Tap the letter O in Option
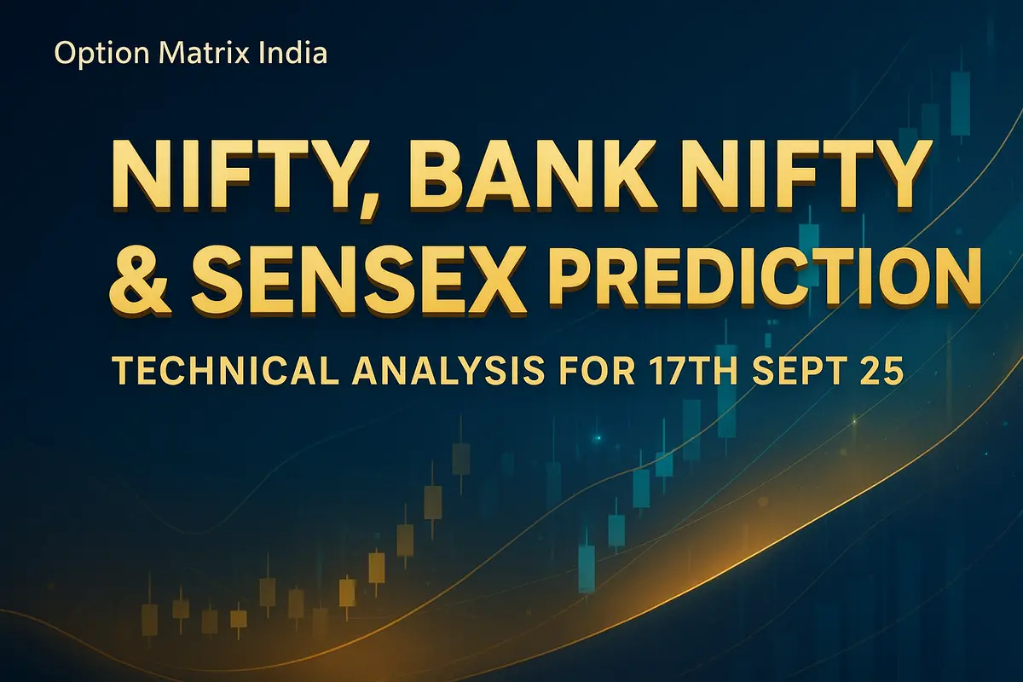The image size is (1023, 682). click(x=64, y=55)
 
